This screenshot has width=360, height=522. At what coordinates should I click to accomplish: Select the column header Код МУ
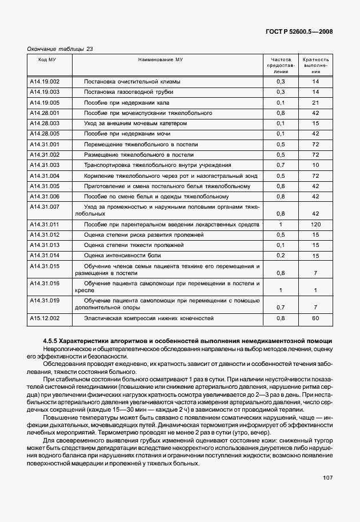coord(47,59)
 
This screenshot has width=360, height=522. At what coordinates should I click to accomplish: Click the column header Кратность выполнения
coord(315,65)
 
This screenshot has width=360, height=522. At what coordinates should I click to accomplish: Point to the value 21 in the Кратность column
coord(315,102)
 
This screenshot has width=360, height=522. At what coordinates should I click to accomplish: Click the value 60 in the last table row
coord(315,317)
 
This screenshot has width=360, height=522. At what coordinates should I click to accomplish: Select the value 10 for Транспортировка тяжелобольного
coord(315,165)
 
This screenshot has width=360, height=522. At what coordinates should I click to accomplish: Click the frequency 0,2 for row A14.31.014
coord(281,255)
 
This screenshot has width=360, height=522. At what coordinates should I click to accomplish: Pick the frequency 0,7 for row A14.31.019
coord(281,306)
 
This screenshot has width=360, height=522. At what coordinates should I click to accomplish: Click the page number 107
coord(326,477)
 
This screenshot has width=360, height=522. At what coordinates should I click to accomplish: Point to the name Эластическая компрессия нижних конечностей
coord(149,317)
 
